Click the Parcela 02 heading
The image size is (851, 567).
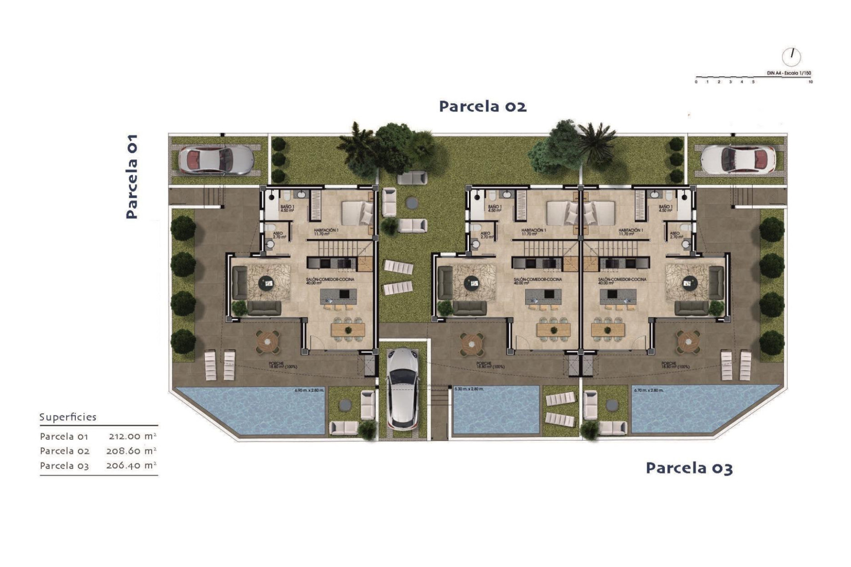483,107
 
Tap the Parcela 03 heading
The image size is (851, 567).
689,468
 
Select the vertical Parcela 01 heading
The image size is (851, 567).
132,177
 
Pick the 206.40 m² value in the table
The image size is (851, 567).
131,466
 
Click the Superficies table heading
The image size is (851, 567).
68,417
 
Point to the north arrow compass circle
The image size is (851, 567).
791,57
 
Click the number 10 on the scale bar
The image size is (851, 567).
810,82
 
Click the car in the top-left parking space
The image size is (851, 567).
216,159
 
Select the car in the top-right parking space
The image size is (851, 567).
738,159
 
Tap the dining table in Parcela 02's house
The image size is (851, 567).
553,329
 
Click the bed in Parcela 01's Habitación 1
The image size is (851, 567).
357,212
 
